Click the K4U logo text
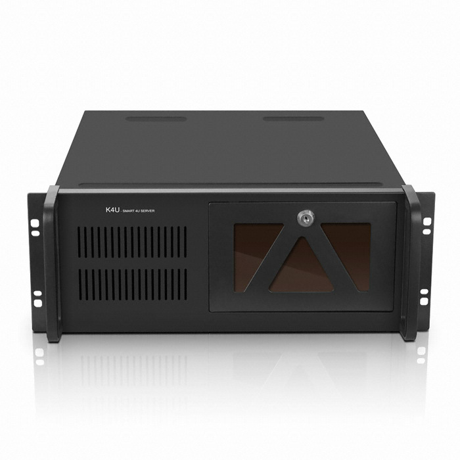click(112, 210)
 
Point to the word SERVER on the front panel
click(147, 211)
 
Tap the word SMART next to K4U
click(128, 211)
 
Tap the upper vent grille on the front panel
click(132, 242)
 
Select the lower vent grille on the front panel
click(132, 285)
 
